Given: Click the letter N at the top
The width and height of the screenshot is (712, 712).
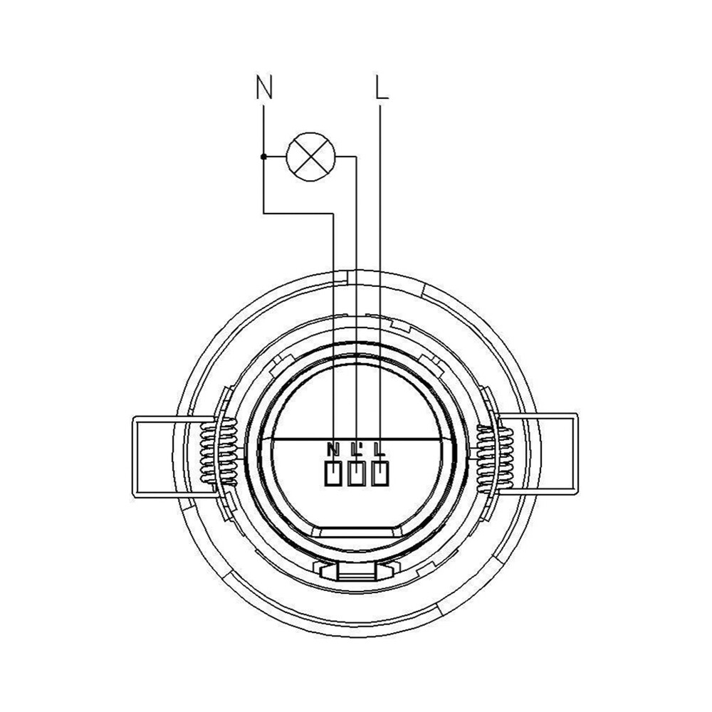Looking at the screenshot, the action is (x=264, y=87).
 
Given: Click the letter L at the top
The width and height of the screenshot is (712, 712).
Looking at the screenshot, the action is (x=382, y=87).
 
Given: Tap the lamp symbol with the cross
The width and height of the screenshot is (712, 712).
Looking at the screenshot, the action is (x=310, y=157).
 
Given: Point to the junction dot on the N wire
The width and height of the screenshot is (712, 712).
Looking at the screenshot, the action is (x=263, y=157).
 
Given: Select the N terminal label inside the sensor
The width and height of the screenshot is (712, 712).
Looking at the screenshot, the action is (x=333, y=449).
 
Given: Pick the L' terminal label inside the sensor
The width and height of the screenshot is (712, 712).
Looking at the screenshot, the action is (x=357, y=449).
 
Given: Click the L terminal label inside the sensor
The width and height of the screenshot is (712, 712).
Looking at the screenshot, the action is (x=380, y=449).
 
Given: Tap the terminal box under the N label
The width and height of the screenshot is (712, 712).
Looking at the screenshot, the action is (x=333, y=473).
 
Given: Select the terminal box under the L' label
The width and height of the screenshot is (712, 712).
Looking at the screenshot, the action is (x=357, y=473).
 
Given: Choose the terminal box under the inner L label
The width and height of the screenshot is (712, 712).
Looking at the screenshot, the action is (x=380, y=473).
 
